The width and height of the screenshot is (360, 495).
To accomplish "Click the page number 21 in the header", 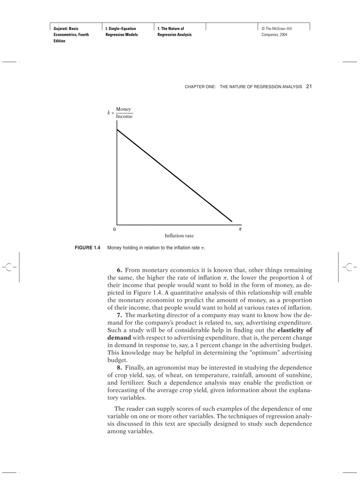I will [309, 87].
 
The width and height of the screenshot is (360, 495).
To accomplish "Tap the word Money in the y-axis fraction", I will [124, 109].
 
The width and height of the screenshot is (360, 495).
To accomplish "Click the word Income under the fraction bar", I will [124, 117].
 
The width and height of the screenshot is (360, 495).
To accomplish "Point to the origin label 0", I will [114, 230].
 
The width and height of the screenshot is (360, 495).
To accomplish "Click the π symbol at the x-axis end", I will [240, 229].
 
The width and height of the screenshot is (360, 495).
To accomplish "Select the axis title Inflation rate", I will [179, 236].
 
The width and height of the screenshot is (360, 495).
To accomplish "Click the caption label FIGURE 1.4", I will [88, 248].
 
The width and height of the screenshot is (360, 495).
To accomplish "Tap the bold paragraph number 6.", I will [119, 270].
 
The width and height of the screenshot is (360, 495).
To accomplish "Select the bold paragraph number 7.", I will [119, 315].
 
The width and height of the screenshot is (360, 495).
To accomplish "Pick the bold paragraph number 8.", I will [119, 368].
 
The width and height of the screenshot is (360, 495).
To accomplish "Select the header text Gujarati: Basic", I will [66, 29].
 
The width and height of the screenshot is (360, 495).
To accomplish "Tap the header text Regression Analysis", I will [174, 35].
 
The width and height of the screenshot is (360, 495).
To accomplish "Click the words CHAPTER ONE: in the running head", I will [200, 87].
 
